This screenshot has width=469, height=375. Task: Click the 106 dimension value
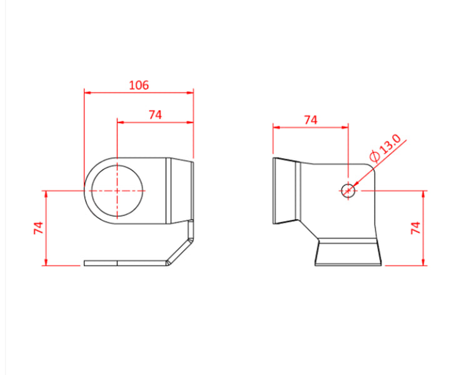coord(138,85)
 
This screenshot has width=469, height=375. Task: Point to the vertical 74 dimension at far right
coord(415,227)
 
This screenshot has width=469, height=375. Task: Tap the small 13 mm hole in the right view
coord(348,190)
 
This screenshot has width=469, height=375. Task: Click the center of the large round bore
coord(117,190)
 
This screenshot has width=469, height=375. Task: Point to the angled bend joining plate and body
coord(181,247)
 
